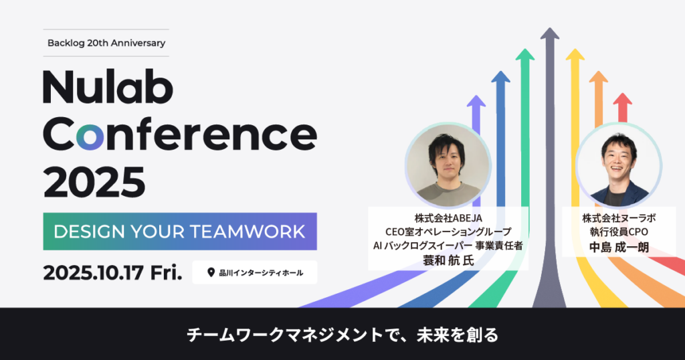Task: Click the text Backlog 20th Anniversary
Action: (106, 43)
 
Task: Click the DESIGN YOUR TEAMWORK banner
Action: (179, 232)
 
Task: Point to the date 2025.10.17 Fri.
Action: (112, 272)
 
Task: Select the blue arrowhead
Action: (500, 80)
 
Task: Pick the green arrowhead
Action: (525, 57)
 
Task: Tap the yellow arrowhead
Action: (574, 57)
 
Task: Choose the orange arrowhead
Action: (599, 80)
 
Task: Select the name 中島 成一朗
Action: (617, 247)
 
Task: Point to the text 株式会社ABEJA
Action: (448, 218)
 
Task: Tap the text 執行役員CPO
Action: (617, 232)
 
